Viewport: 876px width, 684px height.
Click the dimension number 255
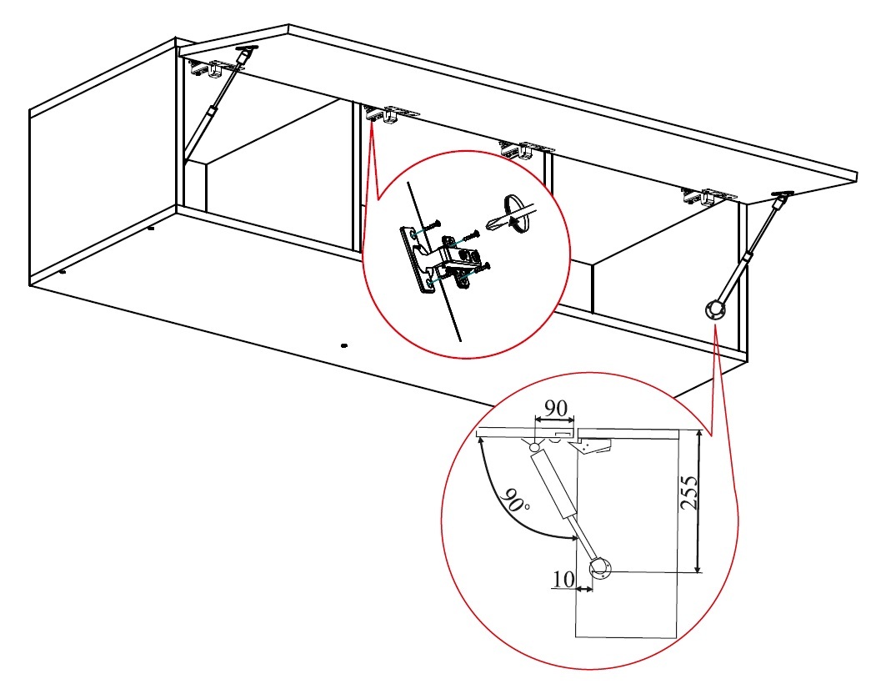pos(690,492)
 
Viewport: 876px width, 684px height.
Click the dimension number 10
pos(563,579)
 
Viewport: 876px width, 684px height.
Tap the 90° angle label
pos(515,500)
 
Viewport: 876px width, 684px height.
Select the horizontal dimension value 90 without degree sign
pos(556,408)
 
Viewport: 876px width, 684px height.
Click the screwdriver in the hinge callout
pos(511,216)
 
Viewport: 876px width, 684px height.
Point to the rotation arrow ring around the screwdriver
pos(516,214)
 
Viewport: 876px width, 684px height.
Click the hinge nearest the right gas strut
pos(708,197)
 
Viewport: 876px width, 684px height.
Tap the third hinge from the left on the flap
pos(526,149)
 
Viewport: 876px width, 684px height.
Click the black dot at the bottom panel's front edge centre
pos(344,345)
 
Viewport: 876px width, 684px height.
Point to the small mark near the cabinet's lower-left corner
pos(62,272)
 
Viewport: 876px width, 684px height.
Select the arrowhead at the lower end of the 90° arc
pos(574,538)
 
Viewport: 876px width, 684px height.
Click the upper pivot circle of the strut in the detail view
pos(534,447)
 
